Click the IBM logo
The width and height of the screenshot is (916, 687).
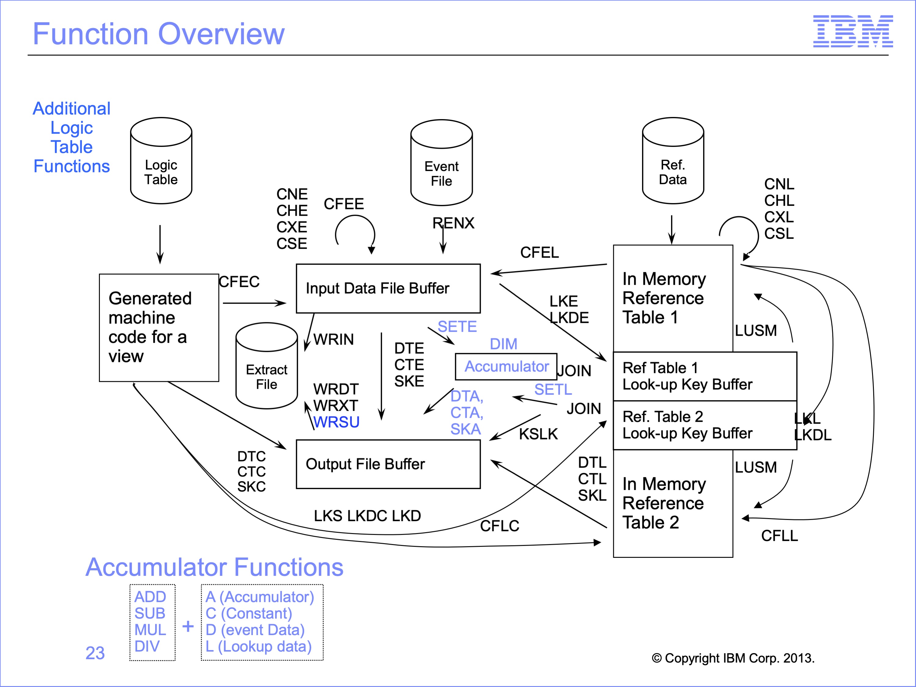click(x=853, y=31)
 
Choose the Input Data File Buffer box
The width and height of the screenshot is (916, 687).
click(x=388, y=288)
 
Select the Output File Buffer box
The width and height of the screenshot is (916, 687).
click(x=388, y=464)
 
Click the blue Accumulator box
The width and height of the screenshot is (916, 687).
click(x=506, y=367)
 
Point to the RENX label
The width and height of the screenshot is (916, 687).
click(x=454, y=223)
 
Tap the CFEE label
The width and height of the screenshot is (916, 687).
click(x=344, y=204)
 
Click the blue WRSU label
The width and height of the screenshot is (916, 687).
click(x=336, y=422)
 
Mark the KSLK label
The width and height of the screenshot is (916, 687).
click(x=538, y=434)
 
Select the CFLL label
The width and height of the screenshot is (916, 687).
click(x=779, y=535)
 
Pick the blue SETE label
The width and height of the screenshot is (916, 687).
click(x=457, y=327)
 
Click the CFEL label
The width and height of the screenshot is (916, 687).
click(x=539, y=252)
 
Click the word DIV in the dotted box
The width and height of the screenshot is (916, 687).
click(x=147, y=646)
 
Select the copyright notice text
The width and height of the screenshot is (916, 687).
click(x=733, y=658)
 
